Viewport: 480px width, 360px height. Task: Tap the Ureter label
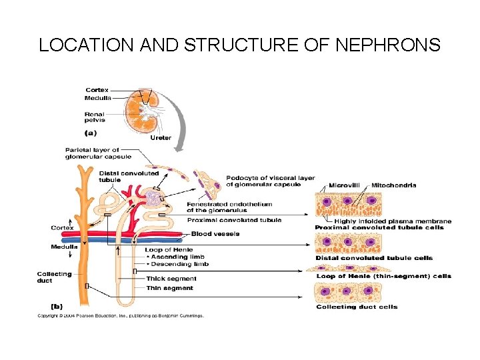161,137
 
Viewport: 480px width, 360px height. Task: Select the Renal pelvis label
95,117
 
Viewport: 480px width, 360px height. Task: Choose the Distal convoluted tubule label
129,176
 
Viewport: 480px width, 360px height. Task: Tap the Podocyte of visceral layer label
270,181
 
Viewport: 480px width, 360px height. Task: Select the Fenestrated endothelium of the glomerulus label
229,207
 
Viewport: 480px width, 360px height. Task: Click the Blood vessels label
215,233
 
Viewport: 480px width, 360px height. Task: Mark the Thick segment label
171,279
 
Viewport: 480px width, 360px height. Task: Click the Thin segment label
170,288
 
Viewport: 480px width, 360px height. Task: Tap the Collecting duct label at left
54,277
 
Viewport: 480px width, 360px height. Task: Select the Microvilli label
345,185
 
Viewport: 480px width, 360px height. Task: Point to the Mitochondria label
394,185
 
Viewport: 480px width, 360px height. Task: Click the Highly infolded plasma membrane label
393,221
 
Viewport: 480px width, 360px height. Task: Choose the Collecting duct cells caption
357,307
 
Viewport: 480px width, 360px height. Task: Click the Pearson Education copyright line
120,316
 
